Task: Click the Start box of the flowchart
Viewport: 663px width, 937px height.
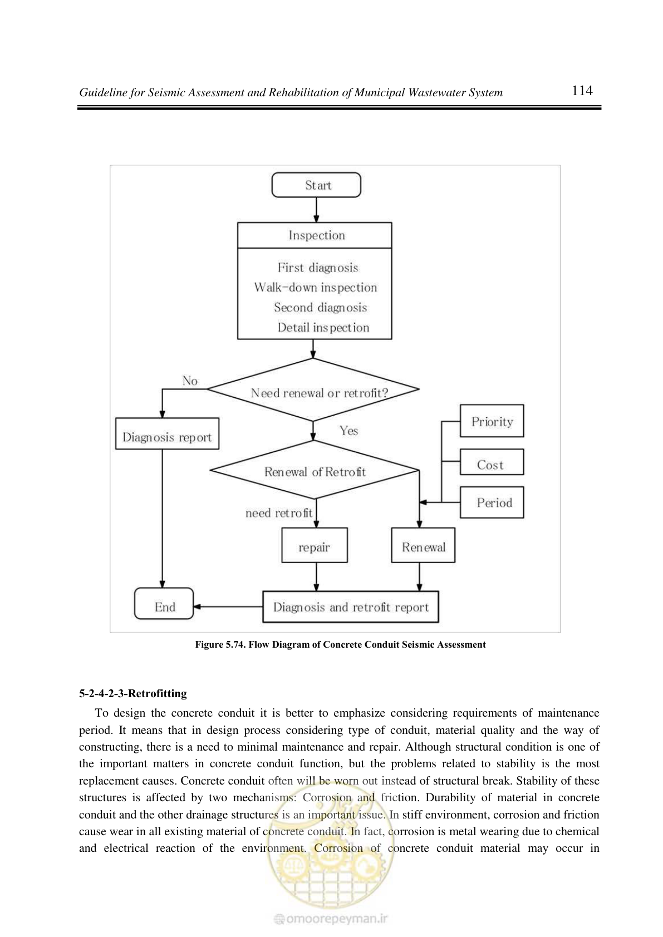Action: click(x=316, y=185)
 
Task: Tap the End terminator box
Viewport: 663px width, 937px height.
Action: click(x=164, y=603)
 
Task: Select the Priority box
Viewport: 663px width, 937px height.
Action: click(x=492, y=421)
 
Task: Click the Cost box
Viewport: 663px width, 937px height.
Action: click(x=492, y=462)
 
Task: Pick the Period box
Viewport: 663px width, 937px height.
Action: click(x=492, y=502)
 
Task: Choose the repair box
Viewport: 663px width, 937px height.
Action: click(x=315, y=545)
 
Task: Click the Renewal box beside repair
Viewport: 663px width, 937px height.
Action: click(x=423, y=545)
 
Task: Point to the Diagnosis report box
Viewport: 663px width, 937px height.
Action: click(x=167, y=434)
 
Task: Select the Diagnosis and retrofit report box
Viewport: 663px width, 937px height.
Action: click(x=351, y=606)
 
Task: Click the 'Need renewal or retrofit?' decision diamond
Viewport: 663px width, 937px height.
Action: click(x=313, y=389)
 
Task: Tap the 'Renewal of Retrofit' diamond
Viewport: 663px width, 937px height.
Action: click(x=315, y=470)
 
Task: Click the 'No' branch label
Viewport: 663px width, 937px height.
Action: click(x=190, y=381)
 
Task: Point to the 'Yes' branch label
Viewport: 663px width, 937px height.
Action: click(x=348, y=431)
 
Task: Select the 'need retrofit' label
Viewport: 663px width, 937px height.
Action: click(x=279, y=513)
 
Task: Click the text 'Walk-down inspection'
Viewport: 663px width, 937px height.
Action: click(x=316, y=287)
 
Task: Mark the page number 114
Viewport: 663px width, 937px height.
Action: click(x=582, y=90)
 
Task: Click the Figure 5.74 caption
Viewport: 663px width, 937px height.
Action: click(x=340, y=645)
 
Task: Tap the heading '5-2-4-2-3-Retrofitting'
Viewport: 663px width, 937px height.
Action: click(x=133, y=693)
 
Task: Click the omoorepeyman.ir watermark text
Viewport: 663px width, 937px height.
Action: click(x=331, y=919)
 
